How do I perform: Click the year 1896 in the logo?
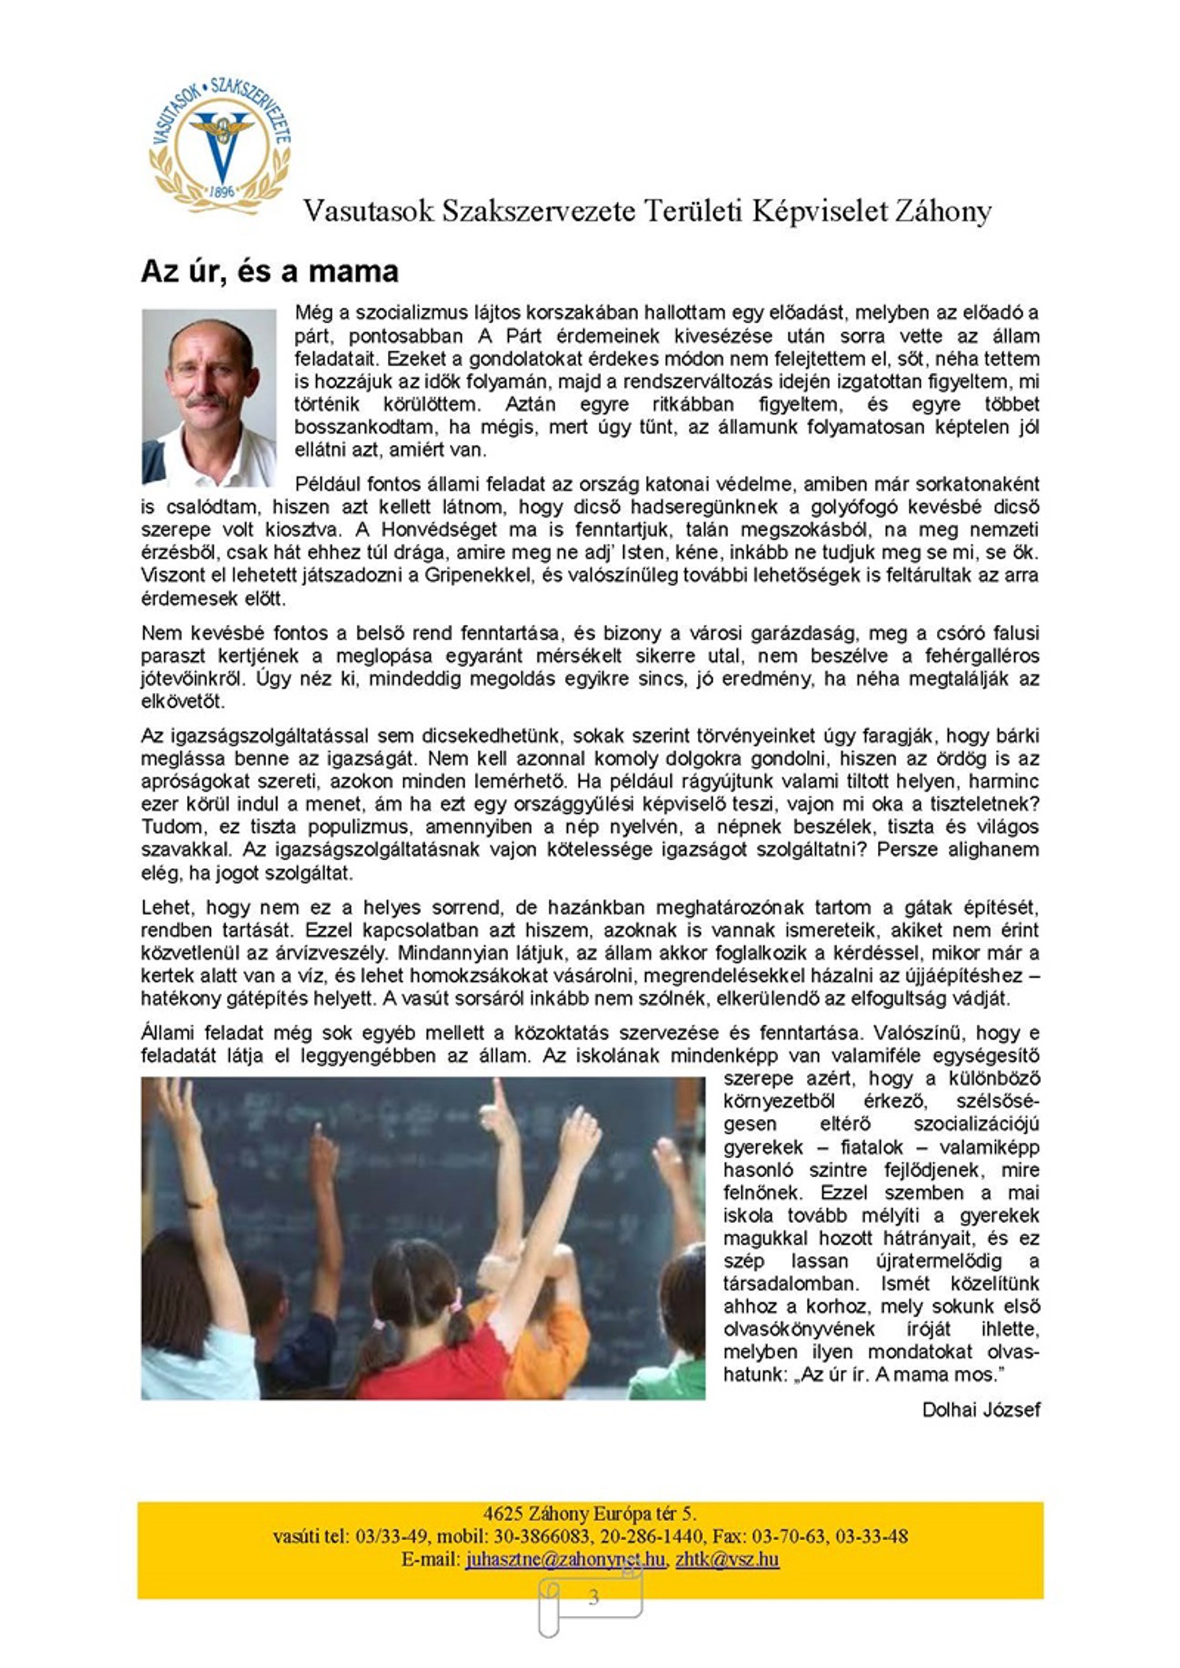[223, 191]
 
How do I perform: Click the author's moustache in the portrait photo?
[207, 402]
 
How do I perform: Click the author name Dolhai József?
[980, 1410]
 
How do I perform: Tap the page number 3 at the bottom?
[593, 1597]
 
